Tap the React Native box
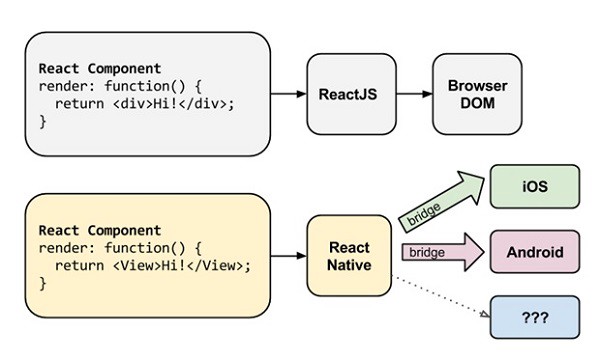(x=348, y=255)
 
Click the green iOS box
(x=534, y=187)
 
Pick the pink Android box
(x=534, y=251)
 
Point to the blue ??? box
(x=534, y=315)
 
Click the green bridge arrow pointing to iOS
(x=440, y=203)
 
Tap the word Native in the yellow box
(x=348, y=265)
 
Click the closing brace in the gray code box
(x=43, y=121)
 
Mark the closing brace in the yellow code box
(x=43, y=284)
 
